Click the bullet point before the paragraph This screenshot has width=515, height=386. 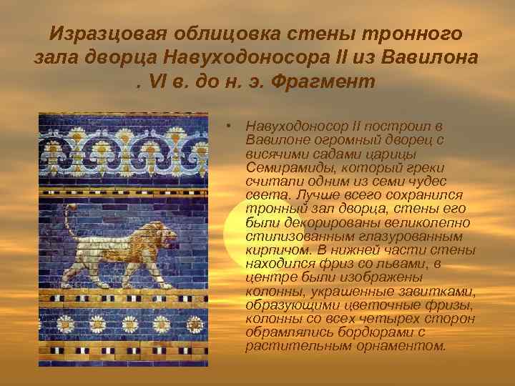point(227,126)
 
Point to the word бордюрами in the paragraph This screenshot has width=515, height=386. point(377,332)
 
